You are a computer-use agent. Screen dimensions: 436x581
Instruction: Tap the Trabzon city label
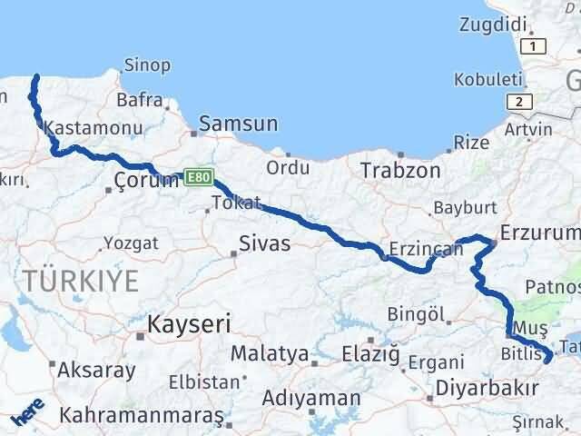click(x=400, y=170)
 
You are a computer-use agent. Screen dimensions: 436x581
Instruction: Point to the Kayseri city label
click(x=190, y=323)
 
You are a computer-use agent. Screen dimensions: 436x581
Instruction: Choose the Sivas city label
click(x=265, y=243)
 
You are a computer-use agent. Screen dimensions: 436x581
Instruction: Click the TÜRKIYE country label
click(x=83, y=281)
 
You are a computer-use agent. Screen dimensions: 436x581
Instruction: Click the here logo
click(x=28, y=414)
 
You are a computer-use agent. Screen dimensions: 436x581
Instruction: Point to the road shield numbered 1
click(x=535, y=45)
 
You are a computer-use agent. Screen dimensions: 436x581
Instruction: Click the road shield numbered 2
click(x=517, y=101)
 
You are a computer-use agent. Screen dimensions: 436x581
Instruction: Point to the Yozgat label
click(x=131, y=243)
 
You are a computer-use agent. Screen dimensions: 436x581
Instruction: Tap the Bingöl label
click(x=419, y=315)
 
